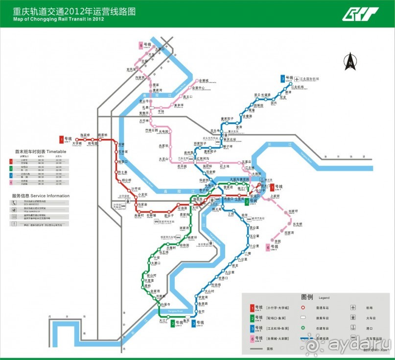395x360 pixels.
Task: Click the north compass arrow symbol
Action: click(x=350, y=61)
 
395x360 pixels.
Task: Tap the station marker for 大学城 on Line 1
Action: click(x=77, y=139)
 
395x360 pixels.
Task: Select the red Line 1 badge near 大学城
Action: click(x=62, y=139)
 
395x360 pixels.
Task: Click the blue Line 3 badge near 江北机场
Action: click(x=282, y=78)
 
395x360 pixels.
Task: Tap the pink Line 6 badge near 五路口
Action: click(x=141, y=46)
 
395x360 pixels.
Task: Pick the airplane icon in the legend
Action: click(x=352, y=308)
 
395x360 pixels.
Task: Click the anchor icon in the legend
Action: click(x=352, y=328)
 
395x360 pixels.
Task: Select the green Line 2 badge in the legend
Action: click(x=252, y=318)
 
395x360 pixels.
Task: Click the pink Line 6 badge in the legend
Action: click(x=252, y=338)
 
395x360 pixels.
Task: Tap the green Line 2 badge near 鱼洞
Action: click(x=173, y=323)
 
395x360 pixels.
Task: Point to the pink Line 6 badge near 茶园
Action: click(x=268, y=247)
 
